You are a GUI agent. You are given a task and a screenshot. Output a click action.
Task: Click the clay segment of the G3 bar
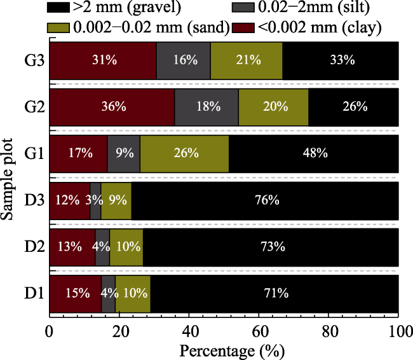click(x=103, y=60)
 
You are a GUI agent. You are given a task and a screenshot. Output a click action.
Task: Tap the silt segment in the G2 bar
click(x=207, y=107)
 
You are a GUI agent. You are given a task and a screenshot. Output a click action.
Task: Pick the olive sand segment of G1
click(x=184, y=153)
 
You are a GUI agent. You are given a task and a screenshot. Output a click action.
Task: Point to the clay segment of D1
click(x=75, y=293)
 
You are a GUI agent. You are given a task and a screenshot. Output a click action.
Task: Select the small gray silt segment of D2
click(x=102, y=247)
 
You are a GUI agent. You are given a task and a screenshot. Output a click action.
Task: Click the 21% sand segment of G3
click(x=247, y=60)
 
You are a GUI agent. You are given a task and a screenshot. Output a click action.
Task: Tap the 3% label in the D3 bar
click(x=95, y=200)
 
